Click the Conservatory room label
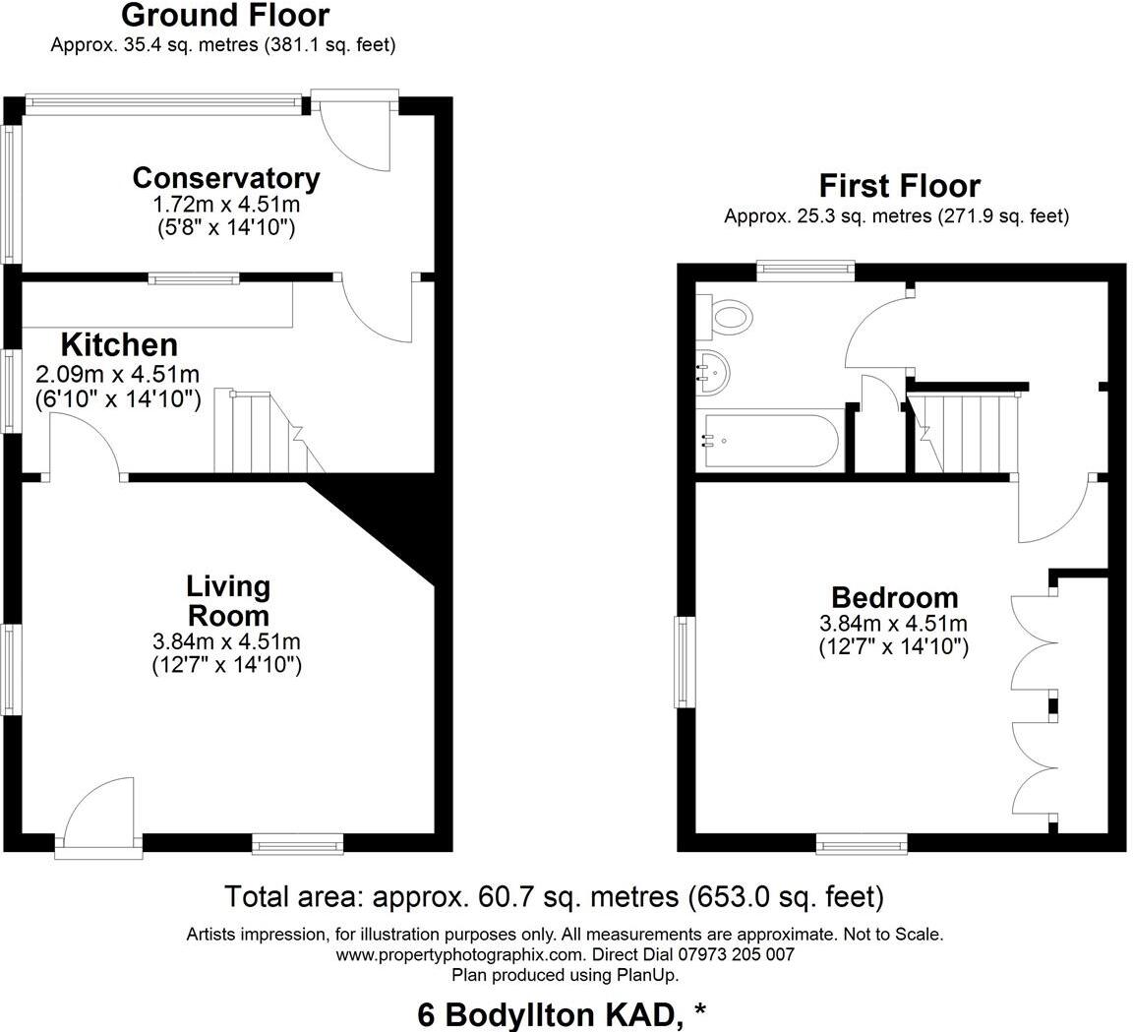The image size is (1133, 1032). [226, 178]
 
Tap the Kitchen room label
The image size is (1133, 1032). [119, 345]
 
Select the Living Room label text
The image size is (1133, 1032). [228, 601]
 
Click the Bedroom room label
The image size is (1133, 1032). [894, 597]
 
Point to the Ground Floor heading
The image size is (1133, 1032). [225, 16]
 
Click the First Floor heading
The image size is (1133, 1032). [899, 186]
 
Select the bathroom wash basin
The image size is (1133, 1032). [712, 373]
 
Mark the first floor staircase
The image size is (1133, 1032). [961, 433]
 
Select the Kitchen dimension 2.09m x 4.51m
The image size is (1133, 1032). [118, 374]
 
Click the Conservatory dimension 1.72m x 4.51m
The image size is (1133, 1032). [226, 206]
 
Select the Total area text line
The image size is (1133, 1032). [555, 897]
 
